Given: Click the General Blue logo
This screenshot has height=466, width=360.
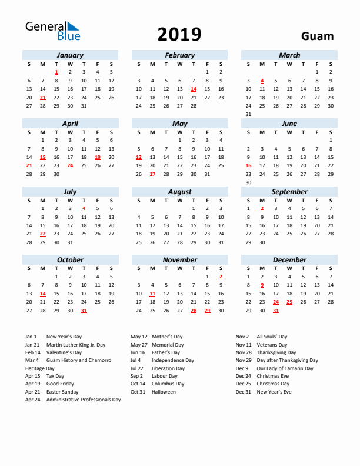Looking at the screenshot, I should [x=52, y=31].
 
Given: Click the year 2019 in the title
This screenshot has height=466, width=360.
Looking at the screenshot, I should [x=179, y=35].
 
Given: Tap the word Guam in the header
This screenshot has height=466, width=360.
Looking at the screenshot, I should [x=317, y=36].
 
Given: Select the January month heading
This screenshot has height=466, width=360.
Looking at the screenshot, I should [x=70, y=55].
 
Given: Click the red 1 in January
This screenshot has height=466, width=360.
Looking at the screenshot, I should [x=56, y=72].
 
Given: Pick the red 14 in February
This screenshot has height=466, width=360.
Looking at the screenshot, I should [x=194, y=89].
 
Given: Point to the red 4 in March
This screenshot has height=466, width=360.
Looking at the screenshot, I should [x=262, y=81].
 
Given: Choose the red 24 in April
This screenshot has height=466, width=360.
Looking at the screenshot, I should [x=70, y=166].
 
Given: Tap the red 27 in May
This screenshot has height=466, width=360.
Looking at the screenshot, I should [x=152, y=174].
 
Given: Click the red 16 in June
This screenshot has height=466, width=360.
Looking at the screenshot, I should [x=248, y=166].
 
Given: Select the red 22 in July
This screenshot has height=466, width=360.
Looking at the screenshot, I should [x=43, y=234].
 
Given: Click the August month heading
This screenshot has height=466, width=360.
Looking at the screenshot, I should [x=179, y=192].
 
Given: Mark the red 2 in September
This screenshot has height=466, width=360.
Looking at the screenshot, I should [x=262, y=208].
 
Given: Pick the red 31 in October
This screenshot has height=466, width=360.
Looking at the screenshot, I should [x=84, y=311].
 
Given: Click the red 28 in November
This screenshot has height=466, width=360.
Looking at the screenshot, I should [x=194, y=311].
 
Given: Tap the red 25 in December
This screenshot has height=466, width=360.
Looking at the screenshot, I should [x=289, y=302].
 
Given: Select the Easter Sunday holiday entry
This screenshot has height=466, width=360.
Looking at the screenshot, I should [x=62, y=392].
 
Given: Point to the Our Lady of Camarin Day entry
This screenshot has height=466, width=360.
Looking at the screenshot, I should [x=285, y=368].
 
